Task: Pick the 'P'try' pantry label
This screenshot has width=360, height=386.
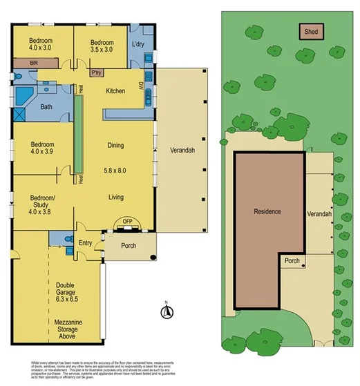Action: tap(97, 73)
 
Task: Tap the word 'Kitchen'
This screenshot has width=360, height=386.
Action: tap(115, 90)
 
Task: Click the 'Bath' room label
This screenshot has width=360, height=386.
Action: tap(46, 107)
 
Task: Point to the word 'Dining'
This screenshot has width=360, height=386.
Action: tap(115, 146)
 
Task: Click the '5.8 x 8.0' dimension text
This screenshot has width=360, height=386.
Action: tap(115, 170)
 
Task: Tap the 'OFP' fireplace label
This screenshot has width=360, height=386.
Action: tap(127, 221)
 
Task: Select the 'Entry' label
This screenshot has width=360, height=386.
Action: tap(85, 242)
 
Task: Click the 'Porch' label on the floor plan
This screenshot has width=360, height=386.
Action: tap(129, 246)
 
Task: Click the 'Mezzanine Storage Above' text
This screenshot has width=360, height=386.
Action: tap(68, 327)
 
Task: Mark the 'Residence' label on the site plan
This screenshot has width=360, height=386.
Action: tap(267, 211)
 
